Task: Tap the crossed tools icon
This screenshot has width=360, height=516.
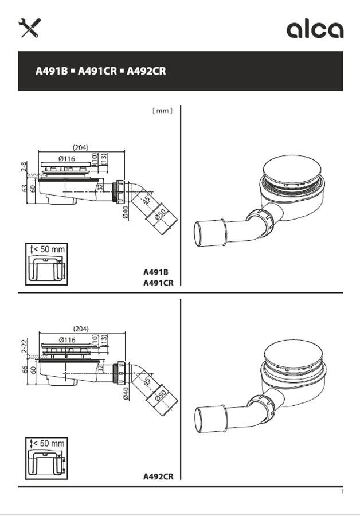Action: [30, 28]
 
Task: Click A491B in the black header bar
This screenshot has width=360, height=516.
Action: [52, 71]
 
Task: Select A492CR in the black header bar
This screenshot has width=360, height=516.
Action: [146, 71]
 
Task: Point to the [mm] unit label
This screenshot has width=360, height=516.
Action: [162, 111]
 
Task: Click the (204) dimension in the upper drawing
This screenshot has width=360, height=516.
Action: [81, 147]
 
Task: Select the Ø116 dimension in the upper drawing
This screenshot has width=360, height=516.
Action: [67, 159]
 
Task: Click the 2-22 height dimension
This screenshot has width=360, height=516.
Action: [24, 346]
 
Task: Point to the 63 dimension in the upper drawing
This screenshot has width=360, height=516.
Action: [24, 189]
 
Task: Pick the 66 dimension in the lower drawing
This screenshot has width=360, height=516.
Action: [24, 370]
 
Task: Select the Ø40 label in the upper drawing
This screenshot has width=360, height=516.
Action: [125, 212]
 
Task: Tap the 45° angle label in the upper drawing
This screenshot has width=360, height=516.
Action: [147, 200]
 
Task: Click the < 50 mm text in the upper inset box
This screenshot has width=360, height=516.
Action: [49, 249]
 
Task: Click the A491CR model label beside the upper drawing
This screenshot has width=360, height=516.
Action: [158, 283]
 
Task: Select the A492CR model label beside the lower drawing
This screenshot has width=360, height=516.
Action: [158, 476]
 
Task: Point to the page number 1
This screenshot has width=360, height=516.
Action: [342, 492]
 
